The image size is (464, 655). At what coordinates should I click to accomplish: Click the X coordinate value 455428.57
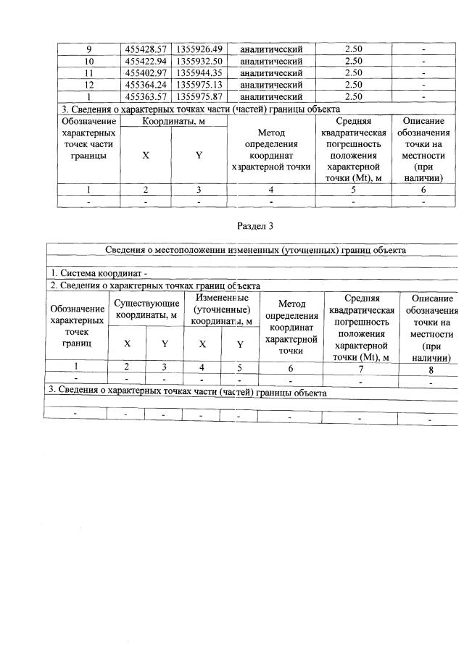coord(146,49)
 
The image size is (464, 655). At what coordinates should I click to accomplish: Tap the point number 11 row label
coord(88,72)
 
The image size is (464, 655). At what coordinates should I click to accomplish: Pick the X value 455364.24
coord(146,84)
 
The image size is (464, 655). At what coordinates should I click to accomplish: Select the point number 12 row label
coord(88,84)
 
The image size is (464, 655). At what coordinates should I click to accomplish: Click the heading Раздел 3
coord(255,225)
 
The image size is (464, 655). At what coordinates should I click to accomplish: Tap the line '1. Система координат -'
coord(98,273)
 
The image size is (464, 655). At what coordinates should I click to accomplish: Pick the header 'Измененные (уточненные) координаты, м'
coord(222,309)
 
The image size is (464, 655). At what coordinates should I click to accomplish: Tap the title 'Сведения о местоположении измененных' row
coord(255,250)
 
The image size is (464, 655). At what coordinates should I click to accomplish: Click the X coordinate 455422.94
coord(146,61)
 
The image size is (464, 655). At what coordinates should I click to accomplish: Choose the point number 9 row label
coord(88,49)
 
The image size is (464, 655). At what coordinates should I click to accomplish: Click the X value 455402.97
coord(146,72)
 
